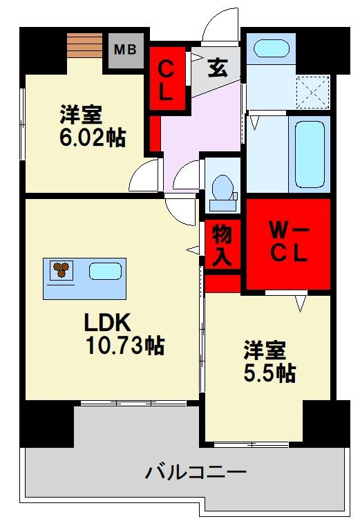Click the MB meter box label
(x=125, y=49)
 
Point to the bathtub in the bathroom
(x=311, y=153)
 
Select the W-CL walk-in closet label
(x=287, y=243)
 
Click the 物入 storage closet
(x=222, y=243)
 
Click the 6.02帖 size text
(x=92, y=127)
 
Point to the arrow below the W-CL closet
(x=300, y=301)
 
